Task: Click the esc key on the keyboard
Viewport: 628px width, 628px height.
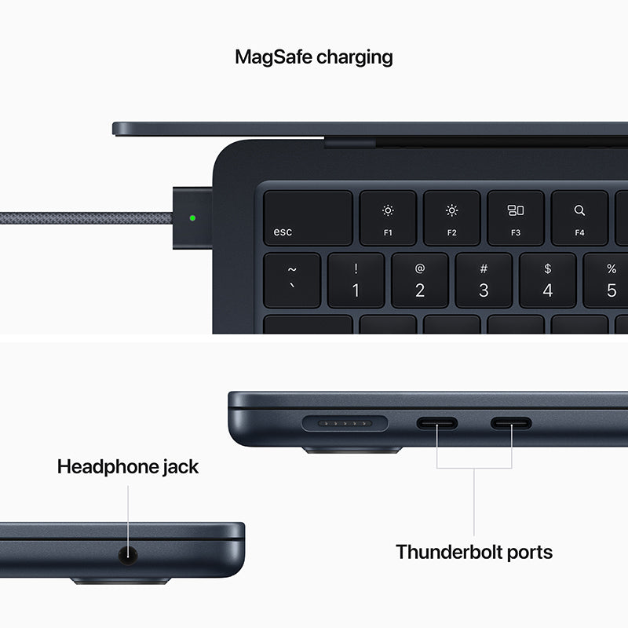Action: (307, 218)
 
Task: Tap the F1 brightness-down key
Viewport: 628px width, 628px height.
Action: (388, 218)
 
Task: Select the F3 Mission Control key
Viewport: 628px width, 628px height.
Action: (515, 218)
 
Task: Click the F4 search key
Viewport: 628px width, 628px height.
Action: (579, 218)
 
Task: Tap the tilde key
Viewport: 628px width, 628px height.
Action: (292, 279)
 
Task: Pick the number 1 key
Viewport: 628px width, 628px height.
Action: (356, 279)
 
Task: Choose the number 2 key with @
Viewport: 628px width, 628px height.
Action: (419, 279)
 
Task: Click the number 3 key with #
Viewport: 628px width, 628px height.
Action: (484, 279)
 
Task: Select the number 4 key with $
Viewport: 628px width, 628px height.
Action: (547, 279)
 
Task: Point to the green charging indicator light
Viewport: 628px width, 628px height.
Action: (194, 218)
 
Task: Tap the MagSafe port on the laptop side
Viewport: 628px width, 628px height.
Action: (345, 424)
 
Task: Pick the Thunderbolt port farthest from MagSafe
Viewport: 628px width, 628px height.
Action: (511, 424)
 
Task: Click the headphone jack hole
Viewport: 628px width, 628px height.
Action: (127, 555)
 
